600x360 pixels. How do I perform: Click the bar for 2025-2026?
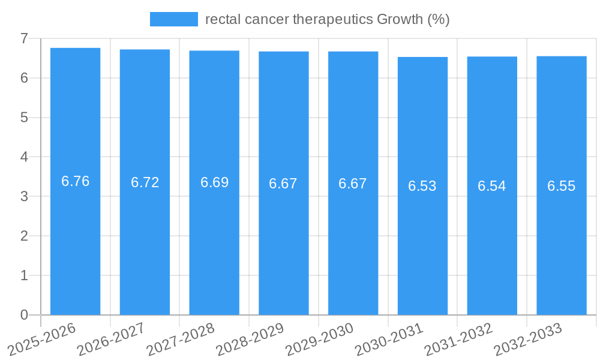pyautogui.click(x=75, y=240)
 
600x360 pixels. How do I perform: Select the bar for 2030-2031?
pyautogui.click(x=422, y=252)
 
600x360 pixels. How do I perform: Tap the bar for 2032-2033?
pyautogui.click(x=561, y=252)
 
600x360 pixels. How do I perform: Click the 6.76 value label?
pyautogui.click(x=76, y=181)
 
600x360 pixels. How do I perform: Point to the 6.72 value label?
pyautogui.click(x=145, y=182)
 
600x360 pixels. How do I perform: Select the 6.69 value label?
pyautogui.click(x=214, y=182)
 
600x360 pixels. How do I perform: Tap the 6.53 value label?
pyautogui.click(x=422, y=186)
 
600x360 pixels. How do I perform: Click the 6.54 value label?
pyautogui.click(x=492, y=186)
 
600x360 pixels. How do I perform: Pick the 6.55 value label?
pyautogui.click(x=561, y=186)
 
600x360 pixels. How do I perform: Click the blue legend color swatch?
pyautogui.click(x=173, y=19)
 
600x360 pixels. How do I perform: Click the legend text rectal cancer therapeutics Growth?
pyautogui.click(x=327, y=19)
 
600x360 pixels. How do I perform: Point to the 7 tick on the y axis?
pyautogui.click(x=24, y=38)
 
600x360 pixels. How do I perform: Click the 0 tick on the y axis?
pyautogui.click(x=24, y=314)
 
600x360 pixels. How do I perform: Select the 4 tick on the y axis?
pyautogui.click(x=24, y=157)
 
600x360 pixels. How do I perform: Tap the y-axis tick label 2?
pyautogui.click(x=24, y=236)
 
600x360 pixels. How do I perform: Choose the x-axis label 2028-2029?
pyautogui.click(x=250, y=340)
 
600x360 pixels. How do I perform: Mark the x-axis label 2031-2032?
pyautogui.click(x=459, y=340)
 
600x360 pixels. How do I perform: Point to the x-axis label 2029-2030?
pyautogui.click(x=320, y=340)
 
